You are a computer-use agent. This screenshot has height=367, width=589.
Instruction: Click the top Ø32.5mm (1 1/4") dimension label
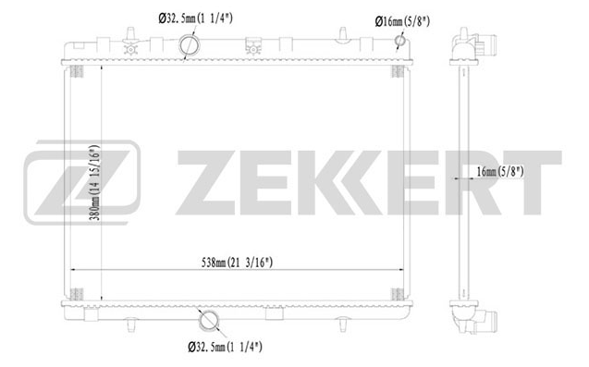(x=195, y=18)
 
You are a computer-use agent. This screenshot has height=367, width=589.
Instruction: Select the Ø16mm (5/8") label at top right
(x=402, y=21)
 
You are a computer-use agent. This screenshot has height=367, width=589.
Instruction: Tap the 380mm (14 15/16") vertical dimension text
(x=95, y=182)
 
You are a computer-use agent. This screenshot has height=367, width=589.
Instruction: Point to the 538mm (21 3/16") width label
(x=237, y=263)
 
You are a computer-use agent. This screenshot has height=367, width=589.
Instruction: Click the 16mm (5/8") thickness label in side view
(x=500, y=172)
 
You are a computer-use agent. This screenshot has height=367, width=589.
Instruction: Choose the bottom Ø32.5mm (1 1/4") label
(x=225, y=347)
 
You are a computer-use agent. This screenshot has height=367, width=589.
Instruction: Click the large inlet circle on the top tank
(x=190, y=45)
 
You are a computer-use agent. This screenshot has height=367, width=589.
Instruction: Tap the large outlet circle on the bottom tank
(x=208, y=321)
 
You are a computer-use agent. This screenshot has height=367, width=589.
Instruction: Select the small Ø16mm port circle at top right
(x=400, y=41)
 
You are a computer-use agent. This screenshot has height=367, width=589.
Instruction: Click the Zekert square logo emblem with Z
(x=82, y=182)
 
